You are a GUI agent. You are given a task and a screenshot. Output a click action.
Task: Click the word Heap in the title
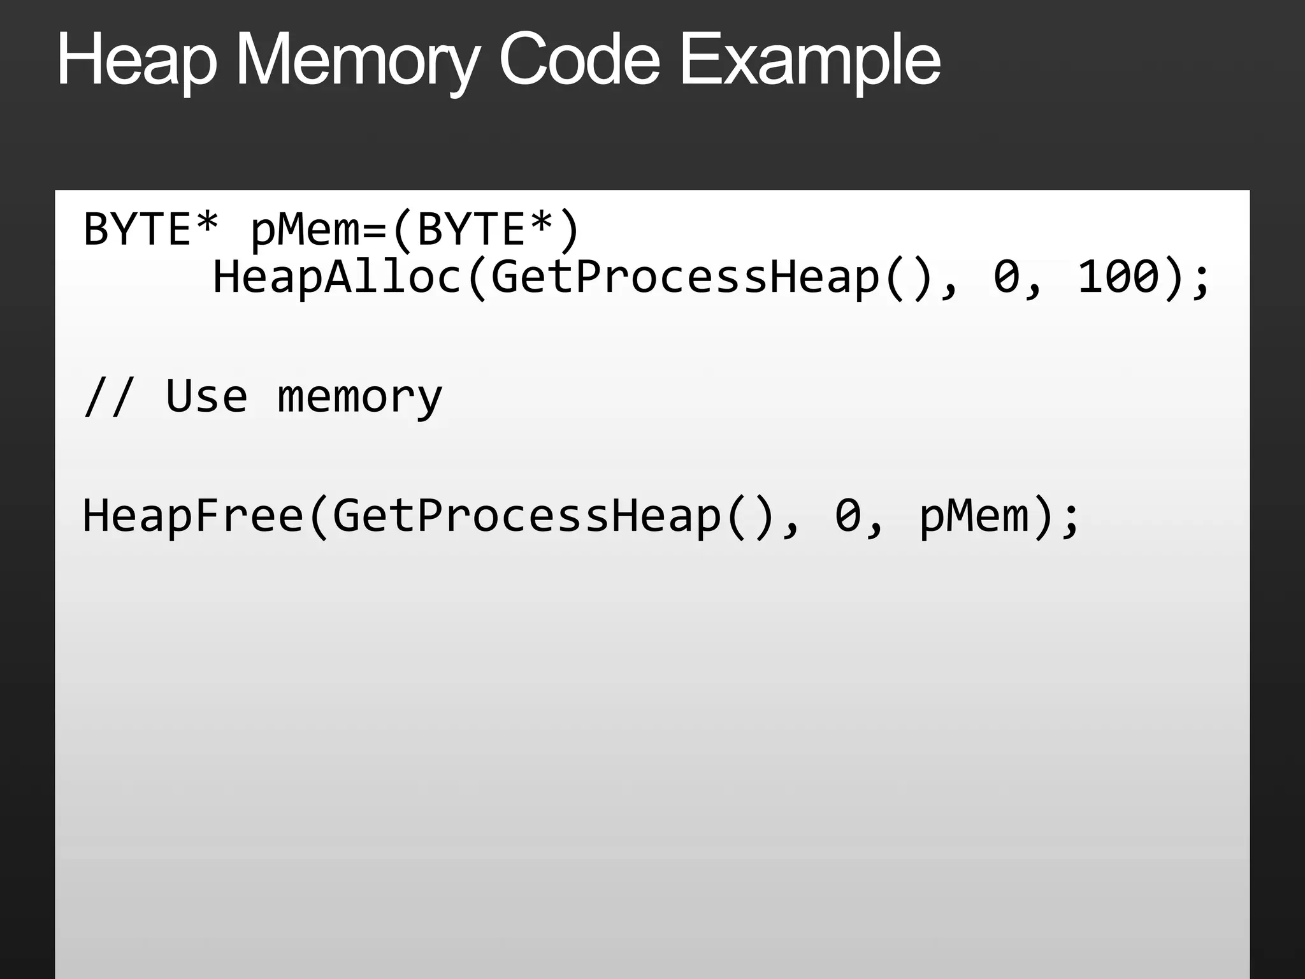[137, 61]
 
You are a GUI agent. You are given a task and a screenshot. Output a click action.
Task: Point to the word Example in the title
[810, 61]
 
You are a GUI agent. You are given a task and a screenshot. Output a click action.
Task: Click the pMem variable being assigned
[305, 229]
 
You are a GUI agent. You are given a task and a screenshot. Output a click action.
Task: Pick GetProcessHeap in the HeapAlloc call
[685, 277]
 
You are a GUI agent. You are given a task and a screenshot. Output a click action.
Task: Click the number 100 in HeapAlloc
[1118, 277]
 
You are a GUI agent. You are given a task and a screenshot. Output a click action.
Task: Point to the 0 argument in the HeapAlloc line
[1007, 277]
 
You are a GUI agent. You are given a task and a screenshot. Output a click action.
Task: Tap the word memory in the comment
[359, 396]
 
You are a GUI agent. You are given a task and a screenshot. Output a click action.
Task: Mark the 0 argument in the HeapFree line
[848, 516]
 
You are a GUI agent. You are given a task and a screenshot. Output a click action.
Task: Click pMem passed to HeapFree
[974, 516]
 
